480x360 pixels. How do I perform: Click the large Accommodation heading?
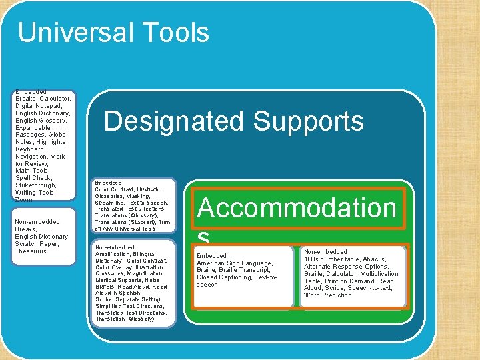(297, 208)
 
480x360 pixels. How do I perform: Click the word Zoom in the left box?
(23, 200)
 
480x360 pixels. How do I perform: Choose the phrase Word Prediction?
(328, 295)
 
